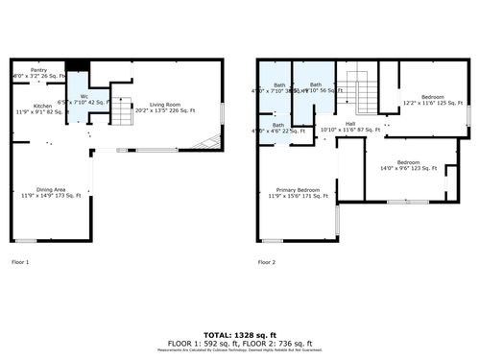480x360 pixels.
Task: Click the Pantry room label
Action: (38, 70)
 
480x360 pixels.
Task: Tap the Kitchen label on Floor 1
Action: (42, 106)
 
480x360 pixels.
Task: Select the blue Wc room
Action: (84, 96)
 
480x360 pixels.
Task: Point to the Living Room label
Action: (165, 105)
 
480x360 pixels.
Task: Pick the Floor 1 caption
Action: (20, 262)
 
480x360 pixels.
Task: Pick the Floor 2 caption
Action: (267, 262)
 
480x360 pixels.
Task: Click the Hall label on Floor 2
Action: (350, 123)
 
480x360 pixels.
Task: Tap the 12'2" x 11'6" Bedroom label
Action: (433, 97)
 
